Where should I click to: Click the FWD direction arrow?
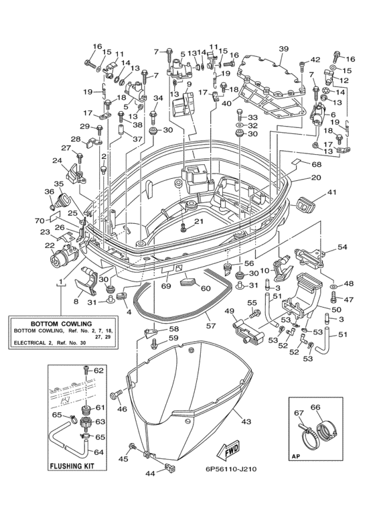(227, 451)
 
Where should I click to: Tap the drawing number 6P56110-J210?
(230, 469)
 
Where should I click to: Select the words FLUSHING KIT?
(72, 466)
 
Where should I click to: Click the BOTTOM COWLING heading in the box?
(62, 324)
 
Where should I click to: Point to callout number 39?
(283, 49)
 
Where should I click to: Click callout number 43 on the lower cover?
(246, 422)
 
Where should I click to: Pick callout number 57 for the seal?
(211, 326)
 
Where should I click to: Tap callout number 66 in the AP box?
(315, 407)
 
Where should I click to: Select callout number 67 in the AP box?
(299, 413)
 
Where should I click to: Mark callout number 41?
(331, 192)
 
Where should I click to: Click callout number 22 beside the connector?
(50, 245)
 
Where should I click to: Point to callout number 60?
(206, 288)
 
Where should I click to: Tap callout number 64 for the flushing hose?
(98, 452)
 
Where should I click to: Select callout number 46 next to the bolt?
(122, 409)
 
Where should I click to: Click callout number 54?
(342, 247)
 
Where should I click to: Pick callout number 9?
(188, 84)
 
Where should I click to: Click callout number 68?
(317, 164)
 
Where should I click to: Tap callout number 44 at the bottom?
(150, 474)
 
